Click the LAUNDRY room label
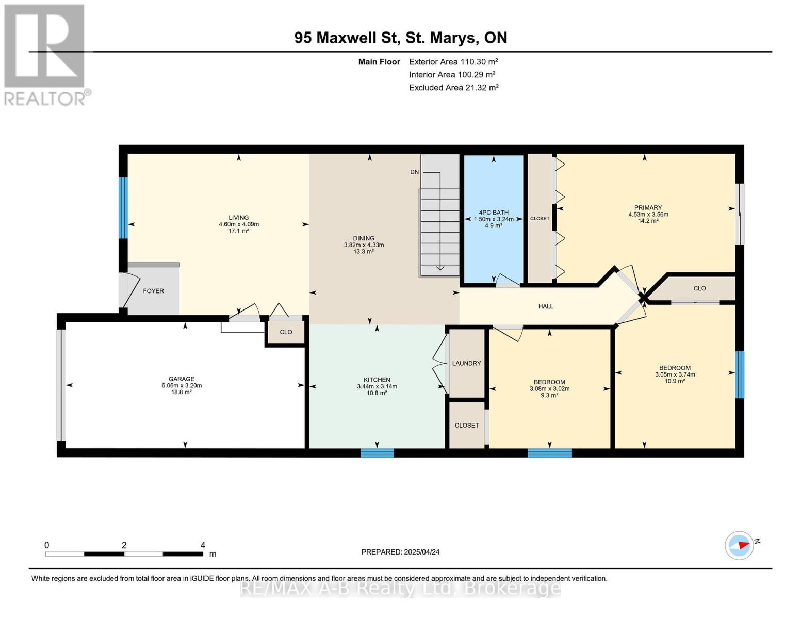pyautogui.click(x=466, y=363)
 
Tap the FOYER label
pyautogui.click(x=153, y=291)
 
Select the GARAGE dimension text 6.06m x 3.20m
pyautogui.click(x=182, y=386)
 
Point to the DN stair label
pyautogui.click(x=414, y=172)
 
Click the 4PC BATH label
pyautogui.click(x=494, y=213)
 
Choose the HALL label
pyautogui.click(x=546, y=306)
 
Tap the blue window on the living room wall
pyautogui.click(x=123, y=208)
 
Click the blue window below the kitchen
pyautogui.click(x=377, y=452)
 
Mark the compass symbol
pyautogui.click(x=739, y=546)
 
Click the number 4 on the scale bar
pyautogui.click(x=203, y=545)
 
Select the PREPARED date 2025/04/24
pyautogui.click(x=422, y=552)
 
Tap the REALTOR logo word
pyautogui.click(x=45, y=99)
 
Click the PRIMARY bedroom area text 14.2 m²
pyautogui.click(x=648, y=221)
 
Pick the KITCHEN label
pyautogui.click(x=377, y=380)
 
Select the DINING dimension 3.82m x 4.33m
pyautogui.click(x=364, y=245)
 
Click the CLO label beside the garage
pyautogui.click(x=286, y=332)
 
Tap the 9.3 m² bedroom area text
pyautogui.click(x=549, y=395)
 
